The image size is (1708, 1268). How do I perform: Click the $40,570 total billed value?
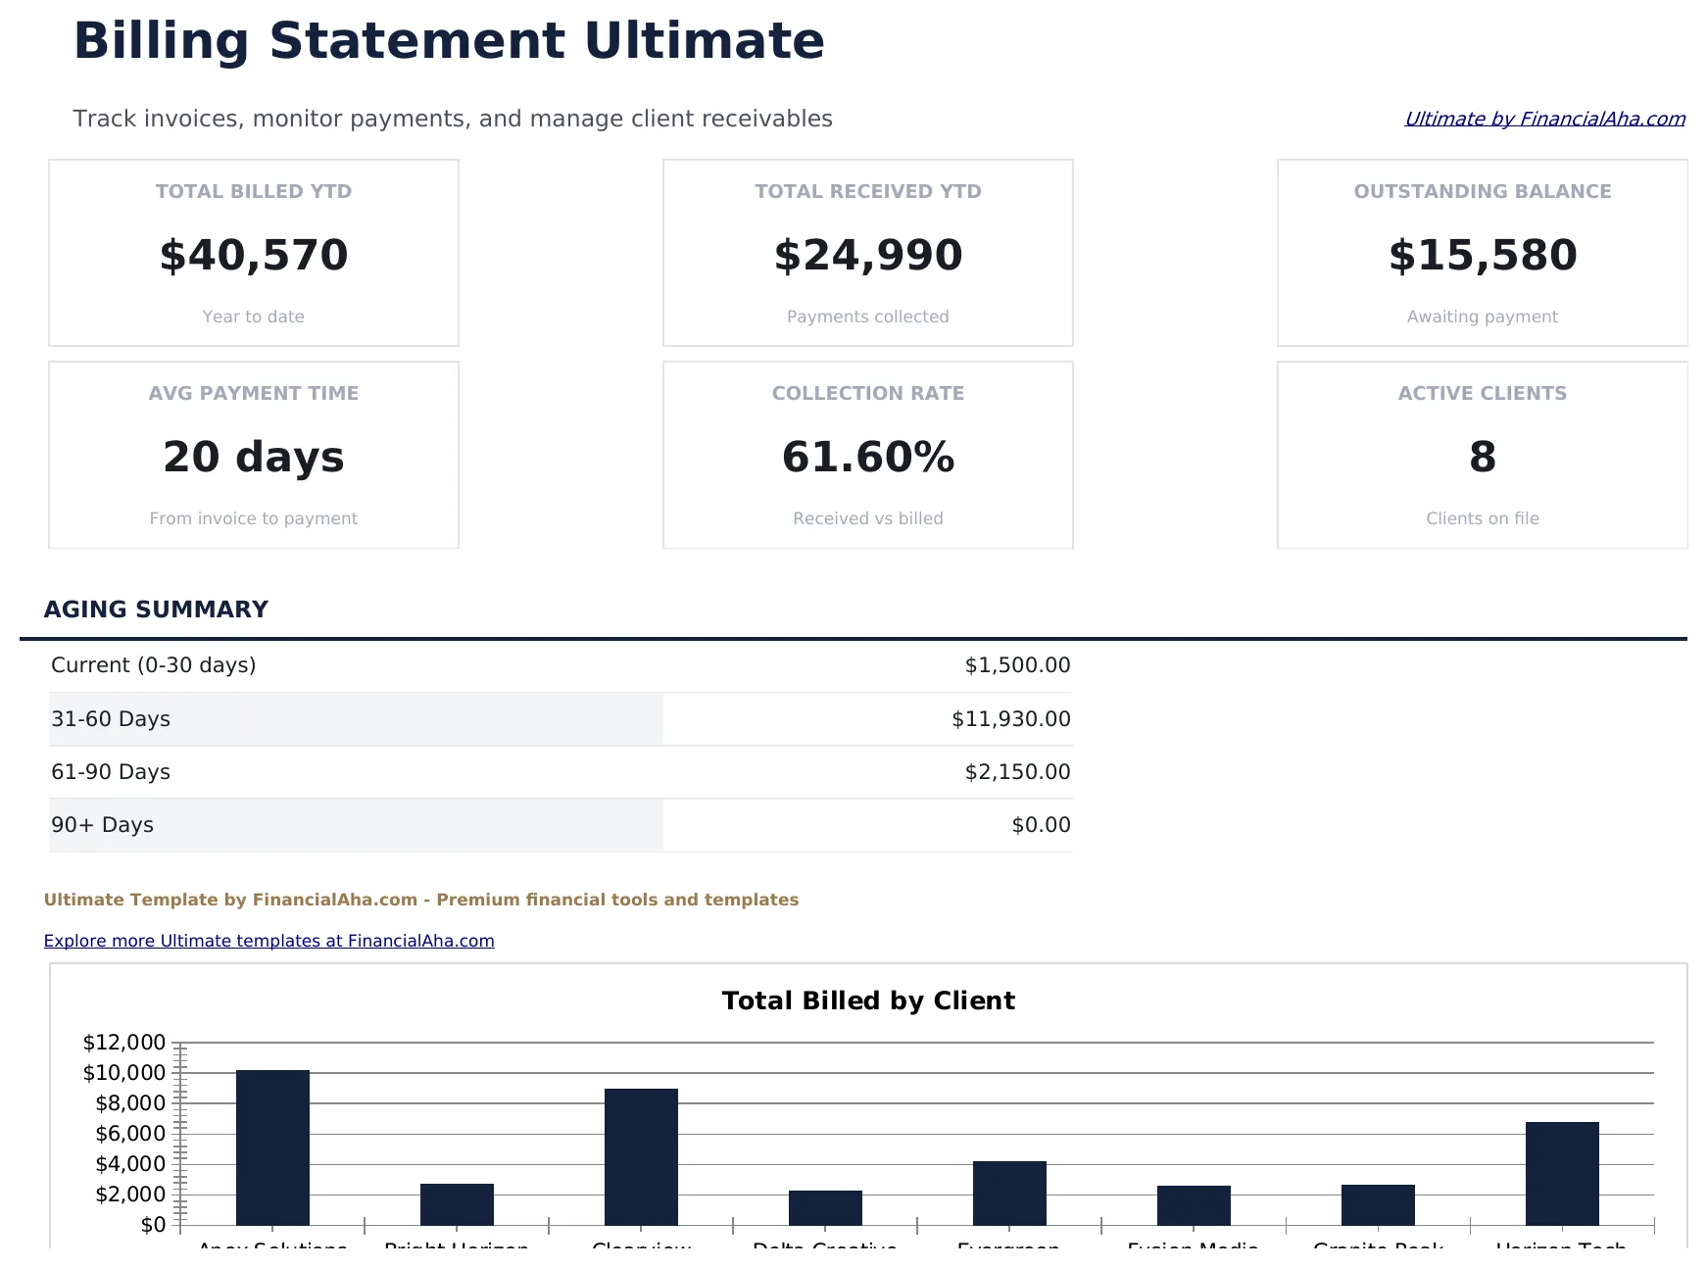tap(254, 255)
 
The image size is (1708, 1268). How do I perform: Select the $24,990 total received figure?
tap(868, 255)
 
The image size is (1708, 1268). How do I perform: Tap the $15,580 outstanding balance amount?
tap(1482, 255)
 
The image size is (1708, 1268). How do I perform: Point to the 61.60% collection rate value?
tap(868, 457)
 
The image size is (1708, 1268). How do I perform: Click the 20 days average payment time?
tap(254, 457)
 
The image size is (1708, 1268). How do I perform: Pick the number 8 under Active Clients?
tap(1482, 457)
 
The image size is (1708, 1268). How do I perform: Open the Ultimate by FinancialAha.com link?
tap(1544, 119)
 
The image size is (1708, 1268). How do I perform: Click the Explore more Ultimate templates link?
tap(268, 941)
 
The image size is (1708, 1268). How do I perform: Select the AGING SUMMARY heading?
tap(156, 610)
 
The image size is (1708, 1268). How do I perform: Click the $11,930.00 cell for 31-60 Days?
tap(1010, 719)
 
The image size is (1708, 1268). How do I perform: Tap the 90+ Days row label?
tap(102, 825)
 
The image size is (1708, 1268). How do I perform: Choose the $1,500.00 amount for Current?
tap(1017, 665)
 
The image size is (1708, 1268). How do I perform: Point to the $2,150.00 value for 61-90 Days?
tap(1017, 772)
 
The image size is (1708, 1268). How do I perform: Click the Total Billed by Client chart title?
tap(868, 1000)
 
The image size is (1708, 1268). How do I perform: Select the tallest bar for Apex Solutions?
tap(272, 1146)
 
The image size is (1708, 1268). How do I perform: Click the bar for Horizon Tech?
tap(1562, 1173)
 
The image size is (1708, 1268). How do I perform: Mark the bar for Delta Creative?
tap(825, 1207)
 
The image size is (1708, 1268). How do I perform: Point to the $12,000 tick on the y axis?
tap(124, 1043)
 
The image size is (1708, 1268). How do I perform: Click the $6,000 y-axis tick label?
tap(130, 1134)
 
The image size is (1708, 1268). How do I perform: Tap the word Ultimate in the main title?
tap(704, 41)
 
